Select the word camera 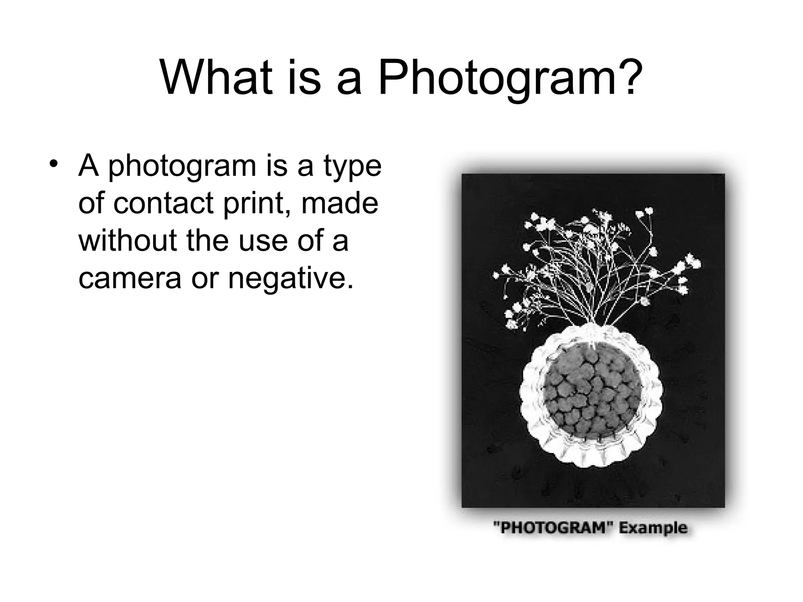coord(130,278)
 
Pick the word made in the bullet coord(340,203)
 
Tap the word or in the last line coord(204,278)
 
